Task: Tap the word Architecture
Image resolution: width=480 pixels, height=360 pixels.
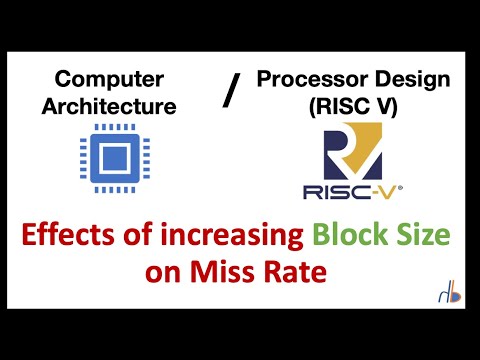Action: click(x=109, y=103)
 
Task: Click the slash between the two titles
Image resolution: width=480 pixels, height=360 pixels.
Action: click(x=231, y=93)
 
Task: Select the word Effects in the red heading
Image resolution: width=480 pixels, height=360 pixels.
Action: click(x=74, y=237)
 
